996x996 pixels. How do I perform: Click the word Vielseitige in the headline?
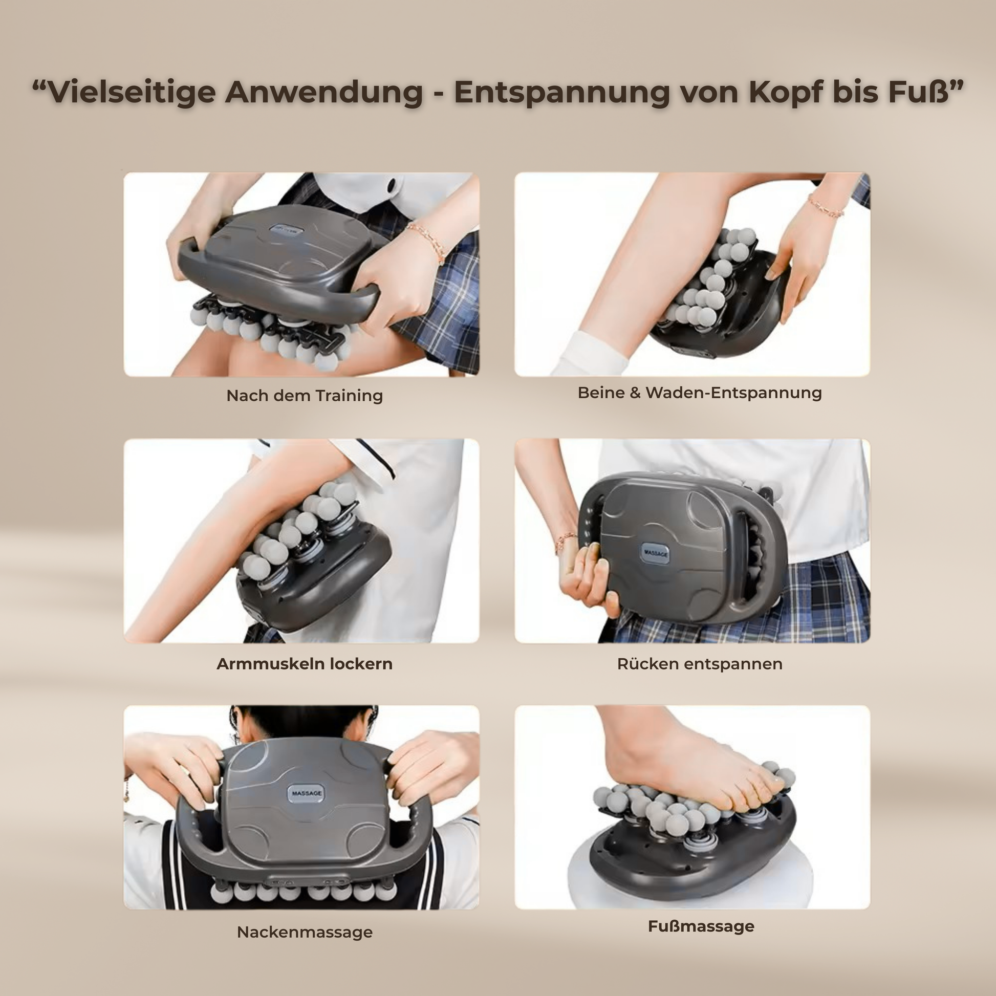[x=132, y=93]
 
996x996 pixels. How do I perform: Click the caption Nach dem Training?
[x=305, y=396]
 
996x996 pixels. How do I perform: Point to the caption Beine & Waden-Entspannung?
[x=700, y=393]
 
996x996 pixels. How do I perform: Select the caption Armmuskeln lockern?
[x=305, y=663]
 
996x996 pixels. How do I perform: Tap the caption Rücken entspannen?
[x=700, y=664]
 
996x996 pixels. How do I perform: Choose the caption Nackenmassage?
[x=305, y=932]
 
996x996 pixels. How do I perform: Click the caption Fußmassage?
[x=701, y=926]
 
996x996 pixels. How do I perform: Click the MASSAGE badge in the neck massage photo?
[x=307, y=793]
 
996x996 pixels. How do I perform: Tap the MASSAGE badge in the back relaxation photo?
[x=656, y=553]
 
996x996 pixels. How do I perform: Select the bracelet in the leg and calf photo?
[x=826, y=206]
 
